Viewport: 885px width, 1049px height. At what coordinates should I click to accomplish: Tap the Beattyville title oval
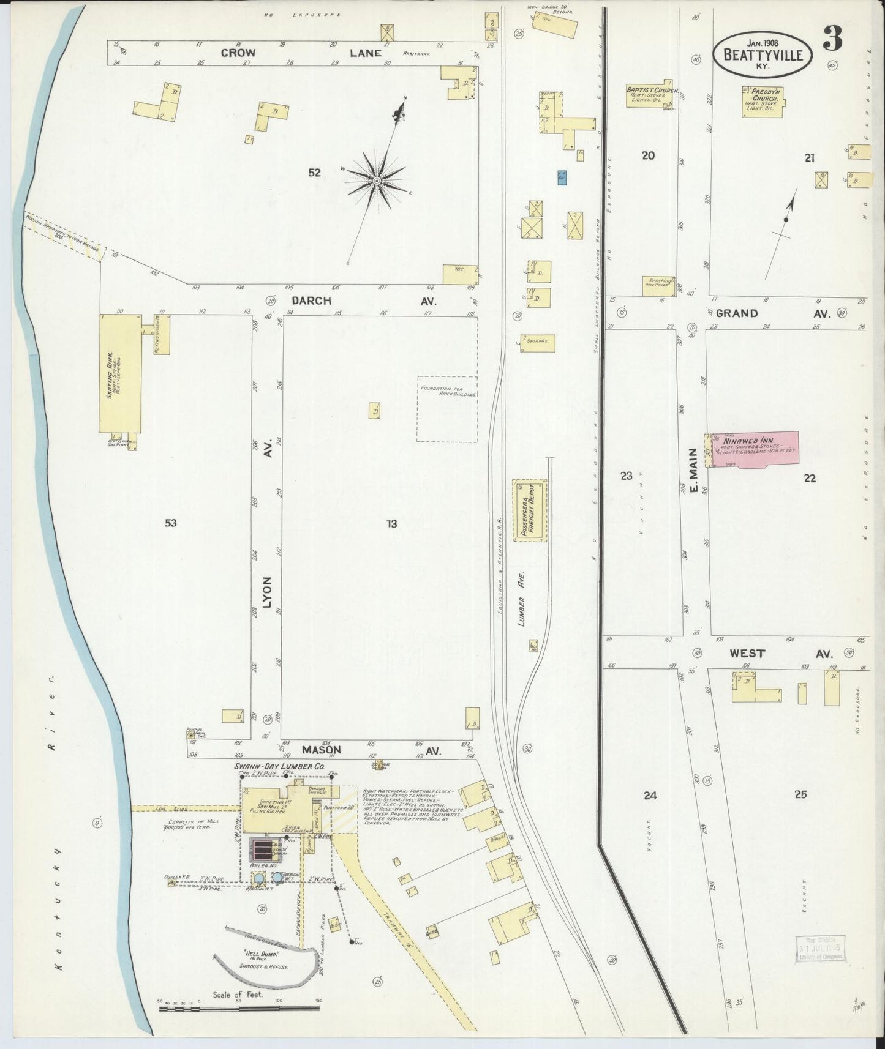tap(763, 54)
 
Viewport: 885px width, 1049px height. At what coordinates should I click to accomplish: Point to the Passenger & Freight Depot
tap(529, 510)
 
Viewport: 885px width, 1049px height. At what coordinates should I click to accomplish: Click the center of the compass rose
tap(376, 181)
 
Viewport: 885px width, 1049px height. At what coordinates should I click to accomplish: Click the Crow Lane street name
tap(300, 53)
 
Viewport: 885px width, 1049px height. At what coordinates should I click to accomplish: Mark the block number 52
tap(314, 173)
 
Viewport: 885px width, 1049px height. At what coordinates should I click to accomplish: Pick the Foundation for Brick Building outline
tap(446, 408)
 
